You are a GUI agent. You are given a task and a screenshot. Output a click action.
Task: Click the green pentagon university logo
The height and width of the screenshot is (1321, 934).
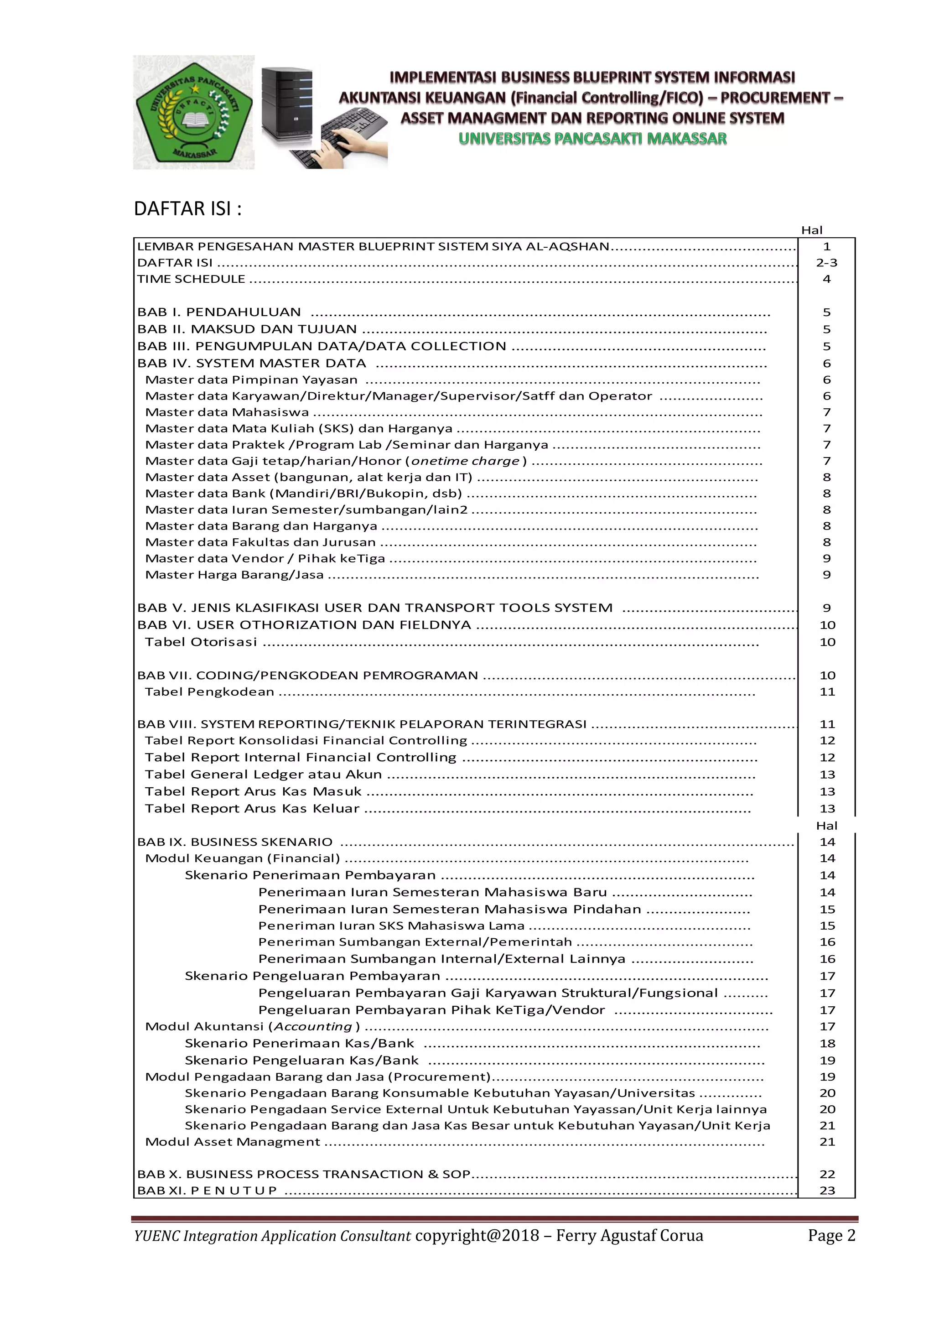pyautogui.click(x=194, y=113)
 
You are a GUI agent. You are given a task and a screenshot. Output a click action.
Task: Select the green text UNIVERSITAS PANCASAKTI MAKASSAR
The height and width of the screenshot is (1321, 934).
pyautogui.click(x=592, y=139)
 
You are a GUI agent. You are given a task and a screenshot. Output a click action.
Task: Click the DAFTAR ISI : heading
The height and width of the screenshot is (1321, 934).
pyautogui.click(x=187, y=208)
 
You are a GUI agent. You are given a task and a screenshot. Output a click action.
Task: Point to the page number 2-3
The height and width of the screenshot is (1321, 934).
pyautogui.click(x=826, y=263)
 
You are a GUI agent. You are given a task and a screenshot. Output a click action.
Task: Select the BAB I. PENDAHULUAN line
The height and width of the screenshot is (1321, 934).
pyautogui.click(x=219, y=312)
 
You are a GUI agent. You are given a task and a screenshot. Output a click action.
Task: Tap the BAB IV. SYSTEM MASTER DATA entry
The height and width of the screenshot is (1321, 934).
pyautogui.click(x=251, y=363)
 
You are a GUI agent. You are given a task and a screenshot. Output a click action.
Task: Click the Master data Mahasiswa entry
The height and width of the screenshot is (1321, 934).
pyautogui.click(x=227, y=412)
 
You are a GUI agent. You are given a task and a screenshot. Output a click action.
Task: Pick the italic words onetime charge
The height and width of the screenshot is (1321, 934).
pyautogui.click(x=465, y=461)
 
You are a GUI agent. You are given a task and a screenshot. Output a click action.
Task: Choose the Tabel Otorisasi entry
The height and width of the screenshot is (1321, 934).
pyautogui.click(x=201, y=642)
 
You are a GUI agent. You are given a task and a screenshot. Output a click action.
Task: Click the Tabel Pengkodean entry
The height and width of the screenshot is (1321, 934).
pyautogui.click(x=209, y=692)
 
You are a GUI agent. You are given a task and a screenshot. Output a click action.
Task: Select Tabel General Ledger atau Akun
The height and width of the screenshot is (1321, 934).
pyautogui.click(x=263, y=775)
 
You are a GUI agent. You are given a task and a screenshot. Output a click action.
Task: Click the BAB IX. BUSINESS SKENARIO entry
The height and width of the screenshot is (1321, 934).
pyautogui.click(x=235, y=842)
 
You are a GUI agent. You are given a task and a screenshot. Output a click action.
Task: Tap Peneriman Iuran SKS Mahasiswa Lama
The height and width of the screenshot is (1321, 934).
pyautogui.click(x=391, y=926)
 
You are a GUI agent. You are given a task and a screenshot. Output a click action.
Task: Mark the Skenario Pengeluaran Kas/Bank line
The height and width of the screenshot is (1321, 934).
pyautogui.click(x=301, y=1061)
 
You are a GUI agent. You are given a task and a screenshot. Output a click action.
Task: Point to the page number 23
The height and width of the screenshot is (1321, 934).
pyautogui.click(x=827, y=1191)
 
